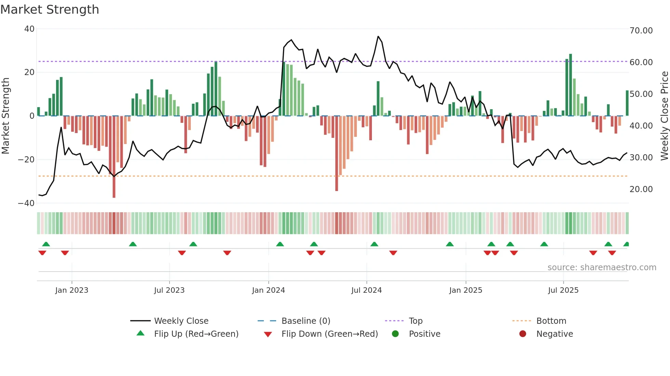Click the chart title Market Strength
point(50,10)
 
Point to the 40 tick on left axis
point(29,29)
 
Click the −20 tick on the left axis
point(27,159)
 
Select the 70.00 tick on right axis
point(641,31)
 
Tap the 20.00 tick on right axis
point(641,189)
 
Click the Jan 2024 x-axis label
point(268,290)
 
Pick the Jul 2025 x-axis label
point(563,290)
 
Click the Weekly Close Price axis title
point(664,116)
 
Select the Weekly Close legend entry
point(181,321)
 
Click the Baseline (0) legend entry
point(306,321)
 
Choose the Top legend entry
point(415,321)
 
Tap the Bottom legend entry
point(551,321)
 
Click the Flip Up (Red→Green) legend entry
point(196,334)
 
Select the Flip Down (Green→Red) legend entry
point(330,334)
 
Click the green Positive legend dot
point(396,334)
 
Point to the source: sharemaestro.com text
point(602,267)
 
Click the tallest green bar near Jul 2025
point(570,85)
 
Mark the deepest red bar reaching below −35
point(114,157)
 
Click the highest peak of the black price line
point(378,37)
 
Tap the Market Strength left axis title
point(6,116)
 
